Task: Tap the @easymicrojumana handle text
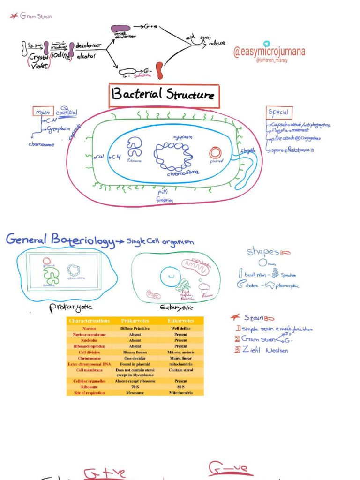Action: (270, 52)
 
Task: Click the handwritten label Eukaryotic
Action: (176, 307)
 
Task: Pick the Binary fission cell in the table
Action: (135, 352)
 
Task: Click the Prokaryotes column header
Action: (135, 321)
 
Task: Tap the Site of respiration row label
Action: (89, 393)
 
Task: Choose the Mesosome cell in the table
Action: (135, 393)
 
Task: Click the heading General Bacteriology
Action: (60, 240)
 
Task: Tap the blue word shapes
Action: (262, 252)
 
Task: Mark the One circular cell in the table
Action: (135, 358)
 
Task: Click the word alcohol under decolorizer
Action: (86, 56)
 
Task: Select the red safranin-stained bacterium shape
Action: (160, 70)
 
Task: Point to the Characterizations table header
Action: (89, 321)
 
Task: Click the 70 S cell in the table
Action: (135, 387)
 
